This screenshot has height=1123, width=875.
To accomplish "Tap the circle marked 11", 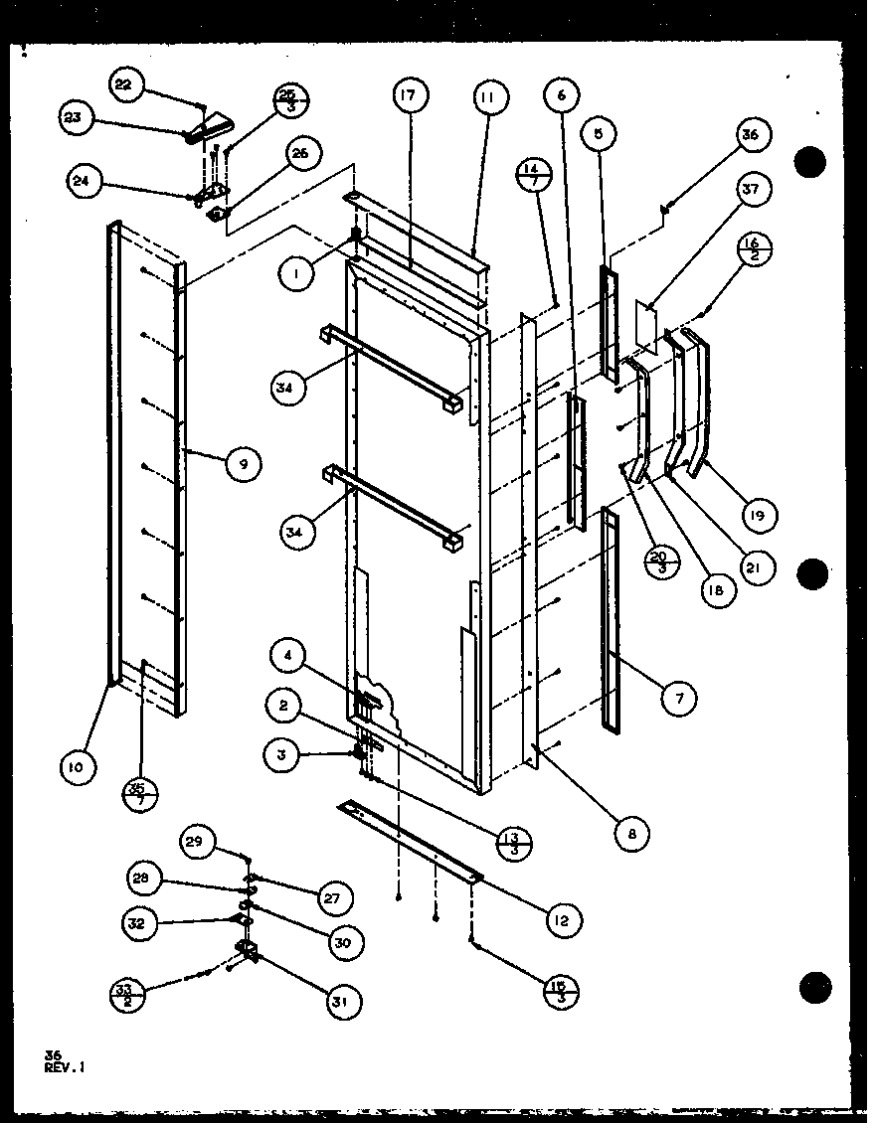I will click(488, 97).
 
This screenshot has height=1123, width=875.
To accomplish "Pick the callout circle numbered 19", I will click(760, 514).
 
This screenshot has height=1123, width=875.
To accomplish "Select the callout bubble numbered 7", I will click(680, 699).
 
